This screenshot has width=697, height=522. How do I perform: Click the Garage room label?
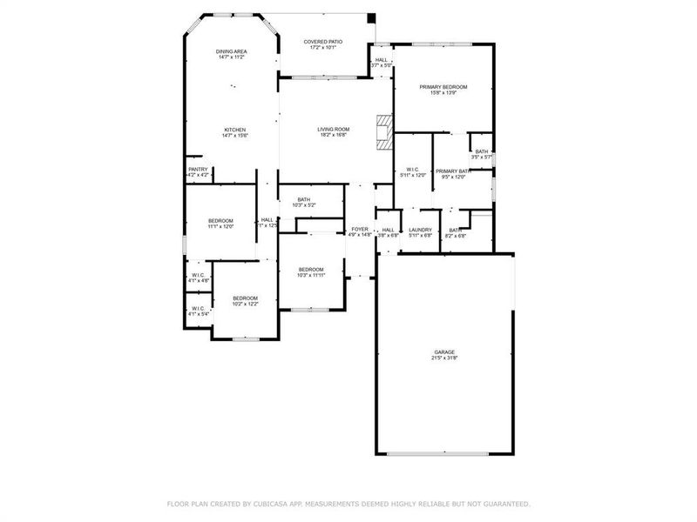444,352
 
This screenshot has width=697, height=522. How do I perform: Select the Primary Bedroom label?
443,87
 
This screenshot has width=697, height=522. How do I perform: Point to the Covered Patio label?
322,42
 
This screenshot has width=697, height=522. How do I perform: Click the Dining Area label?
232,52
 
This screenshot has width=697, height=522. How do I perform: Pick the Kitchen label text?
234,130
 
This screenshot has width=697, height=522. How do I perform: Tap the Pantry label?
198,170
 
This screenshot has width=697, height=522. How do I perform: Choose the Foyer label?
360,229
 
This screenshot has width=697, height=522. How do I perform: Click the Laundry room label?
421,230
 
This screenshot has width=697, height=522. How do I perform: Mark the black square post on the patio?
372,17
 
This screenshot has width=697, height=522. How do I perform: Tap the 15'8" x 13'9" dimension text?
443,93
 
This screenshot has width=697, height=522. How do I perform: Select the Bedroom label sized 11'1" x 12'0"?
220,221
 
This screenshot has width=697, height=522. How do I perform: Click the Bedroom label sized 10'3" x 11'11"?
311,270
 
